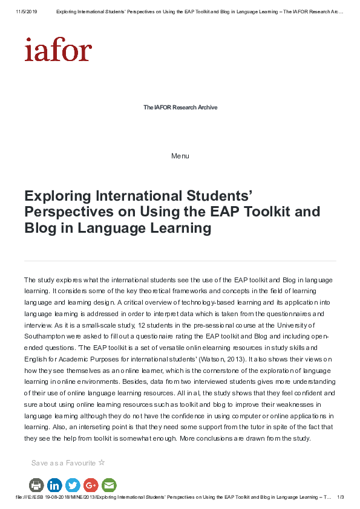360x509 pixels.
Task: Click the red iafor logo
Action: point(58,50)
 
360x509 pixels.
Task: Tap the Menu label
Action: point(180,156)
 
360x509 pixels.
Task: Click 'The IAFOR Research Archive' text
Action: point(180,108)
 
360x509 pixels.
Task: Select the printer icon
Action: point(36,485)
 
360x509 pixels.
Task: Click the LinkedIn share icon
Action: point(54,485)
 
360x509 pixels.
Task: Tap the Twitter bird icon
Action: point(73,485)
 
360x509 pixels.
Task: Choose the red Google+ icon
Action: point(91,485)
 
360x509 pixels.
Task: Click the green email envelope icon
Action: point(109,485)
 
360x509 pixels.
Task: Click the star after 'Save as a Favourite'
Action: point(102,462)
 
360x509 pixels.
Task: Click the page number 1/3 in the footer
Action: point(340,497)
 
